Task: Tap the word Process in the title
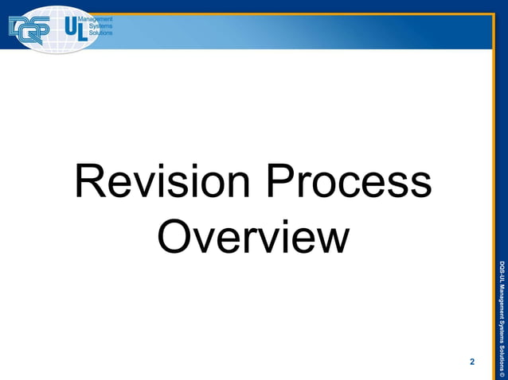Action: coord(350,184)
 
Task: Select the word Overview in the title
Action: coord(253,237)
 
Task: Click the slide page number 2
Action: coord(472,362)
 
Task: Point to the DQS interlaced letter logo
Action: coord(29,31)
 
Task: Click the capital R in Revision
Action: coord(88,184)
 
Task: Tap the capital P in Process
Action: coord(281,184)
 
